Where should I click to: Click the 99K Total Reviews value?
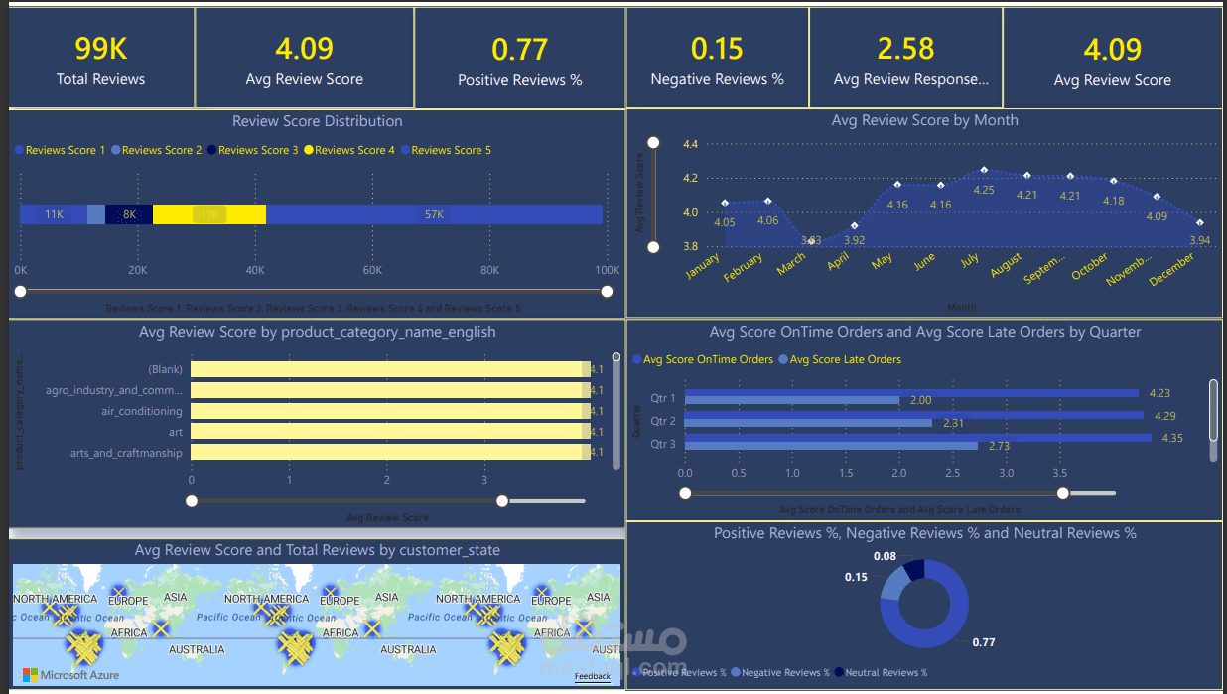100,49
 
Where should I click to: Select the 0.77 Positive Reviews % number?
519,49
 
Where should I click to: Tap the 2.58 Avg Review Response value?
905,49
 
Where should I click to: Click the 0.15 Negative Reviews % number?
717,49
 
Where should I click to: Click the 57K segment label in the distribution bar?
434,214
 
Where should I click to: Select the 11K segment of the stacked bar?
54,214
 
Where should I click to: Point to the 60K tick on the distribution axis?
372,270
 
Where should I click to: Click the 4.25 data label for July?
983,190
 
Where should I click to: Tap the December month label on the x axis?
1172,271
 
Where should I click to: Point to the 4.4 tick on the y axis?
690,144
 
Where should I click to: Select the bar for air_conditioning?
387,411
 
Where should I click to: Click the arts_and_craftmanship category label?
126,453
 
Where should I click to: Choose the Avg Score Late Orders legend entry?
845,359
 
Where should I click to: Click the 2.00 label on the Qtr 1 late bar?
920,400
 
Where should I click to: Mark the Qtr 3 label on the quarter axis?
663,444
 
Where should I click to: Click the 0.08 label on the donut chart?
885,556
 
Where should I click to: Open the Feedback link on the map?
592,676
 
